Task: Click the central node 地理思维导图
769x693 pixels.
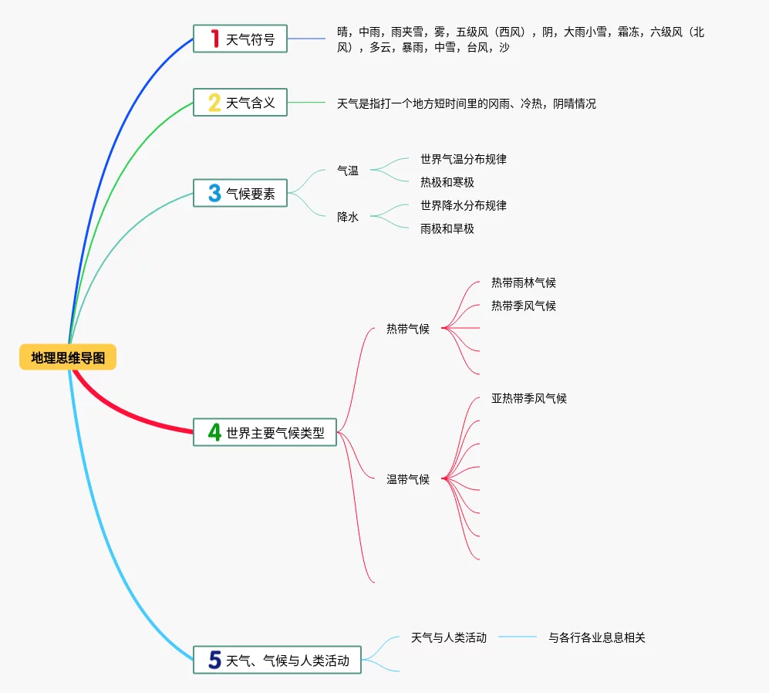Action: click(68, 357)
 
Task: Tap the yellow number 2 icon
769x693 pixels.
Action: click(214, 103)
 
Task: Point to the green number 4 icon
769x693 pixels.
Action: click(214, 433)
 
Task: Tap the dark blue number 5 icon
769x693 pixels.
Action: click(215, 660)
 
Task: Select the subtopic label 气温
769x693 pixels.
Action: click(348, 171)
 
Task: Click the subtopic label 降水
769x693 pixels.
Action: click(348, 217)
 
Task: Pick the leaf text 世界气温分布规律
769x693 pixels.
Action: click(463, 159)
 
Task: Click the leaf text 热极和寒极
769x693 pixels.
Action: click(447, 182)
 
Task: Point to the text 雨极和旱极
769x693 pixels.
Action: click(447, 228)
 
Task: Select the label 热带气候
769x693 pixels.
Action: click(407, 329)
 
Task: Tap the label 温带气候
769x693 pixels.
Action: click(407, 479)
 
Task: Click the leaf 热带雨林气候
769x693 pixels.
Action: click(523, 282)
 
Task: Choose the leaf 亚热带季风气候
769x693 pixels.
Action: click(528, 398)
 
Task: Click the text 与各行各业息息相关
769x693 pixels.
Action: click(596, 637)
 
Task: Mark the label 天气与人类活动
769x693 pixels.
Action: click(448, 637)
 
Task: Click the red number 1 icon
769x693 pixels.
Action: click(214, 39)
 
